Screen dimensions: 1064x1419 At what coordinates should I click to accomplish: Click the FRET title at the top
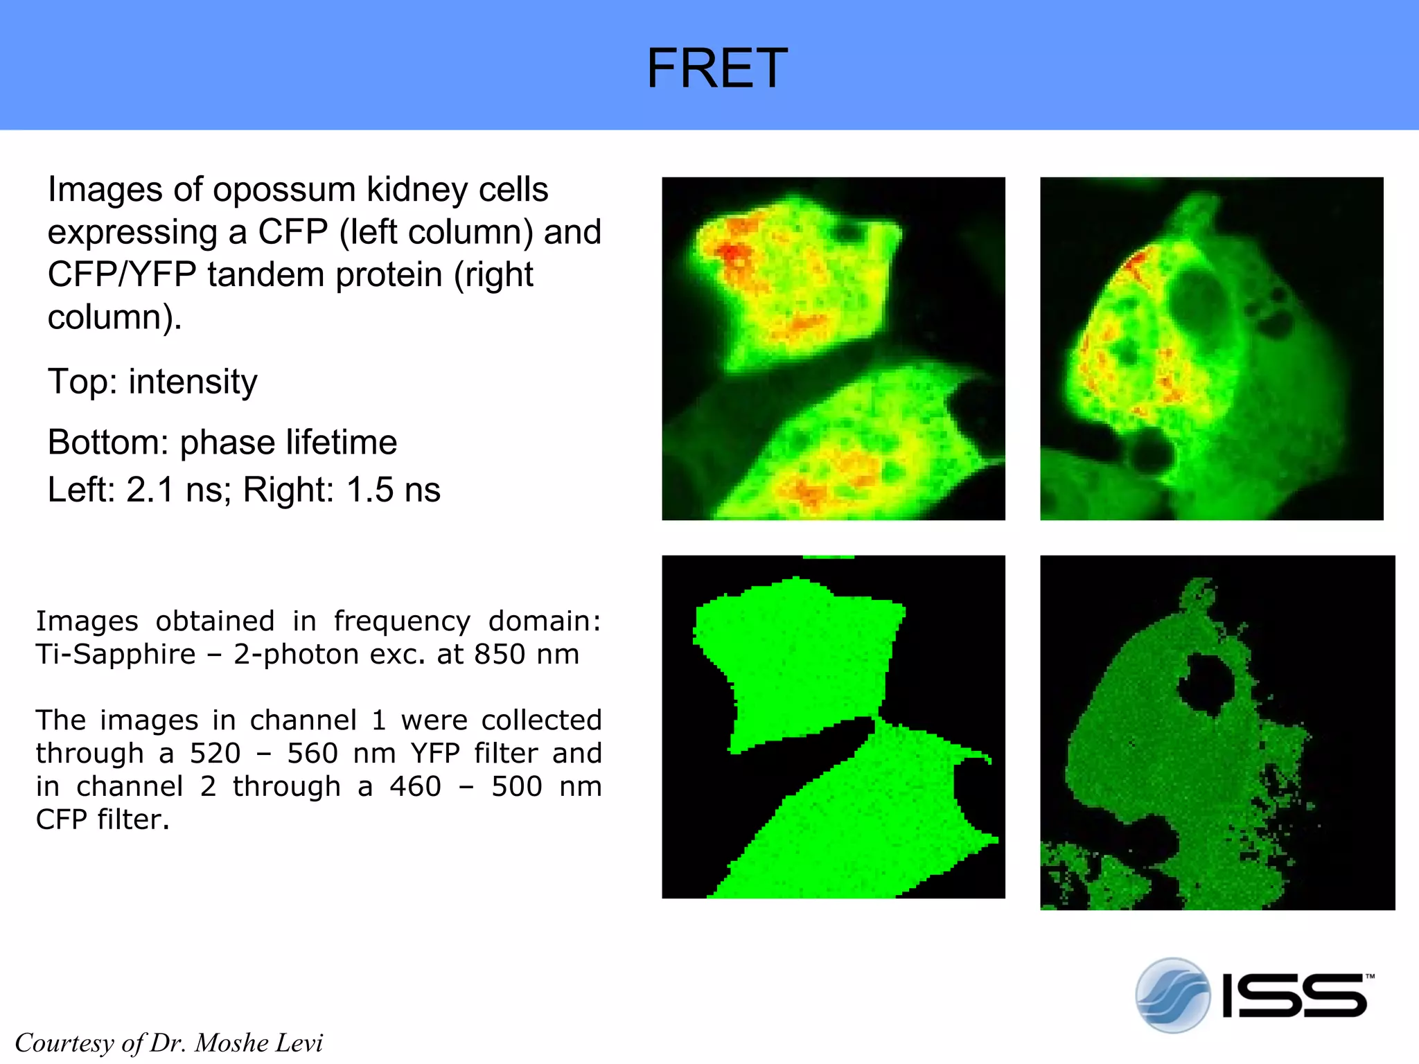(x=716, y=68)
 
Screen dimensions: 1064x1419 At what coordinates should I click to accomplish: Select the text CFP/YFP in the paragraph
(x=122, y=274)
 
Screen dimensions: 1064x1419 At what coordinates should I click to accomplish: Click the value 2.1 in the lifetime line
(x=149, y=490)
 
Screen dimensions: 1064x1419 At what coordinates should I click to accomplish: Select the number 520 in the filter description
(x=215, y=754)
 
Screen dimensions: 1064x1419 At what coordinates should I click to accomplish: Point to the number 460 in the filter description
(x=415, y=787)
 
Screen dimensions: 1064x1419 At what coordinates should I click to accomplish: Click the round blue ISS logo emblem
(x=1172, y=995)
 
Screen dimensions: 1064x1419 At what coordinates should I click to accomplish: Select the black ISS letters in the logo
(x=1294, y=996)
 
